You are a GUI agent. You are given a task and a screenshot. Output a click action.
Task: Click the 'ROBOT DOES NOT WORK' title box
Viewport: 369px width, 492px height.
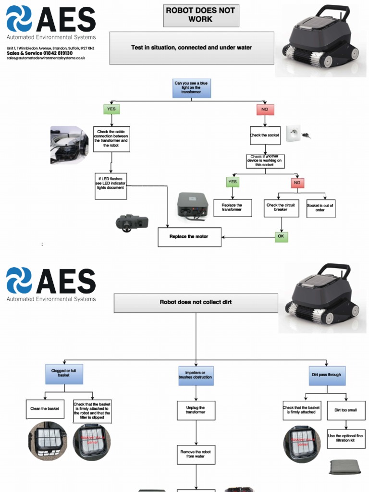(200, 15)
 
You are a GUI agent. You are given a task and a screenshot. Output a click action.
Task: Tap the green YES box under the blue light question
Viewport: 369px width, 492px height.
(111, 109)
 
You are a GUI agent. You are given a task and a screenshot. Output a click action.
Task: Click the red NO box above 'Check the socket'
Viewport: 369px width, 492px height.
(265, 109)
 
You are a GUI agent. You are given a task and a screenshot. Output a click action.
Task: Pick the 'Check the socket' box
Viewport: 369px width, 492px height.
(265, 135)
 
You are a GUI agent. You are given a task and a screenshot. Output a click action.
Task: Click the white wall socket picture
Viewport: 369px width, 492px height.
(294, 133)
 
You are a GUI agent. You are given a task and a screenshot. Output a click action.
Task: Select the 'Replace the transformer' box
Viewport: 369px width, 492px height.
(233, 208)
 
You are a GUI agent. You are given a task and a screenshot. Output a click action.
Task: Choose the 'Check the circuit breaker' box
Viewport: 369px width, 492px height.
(281, 208)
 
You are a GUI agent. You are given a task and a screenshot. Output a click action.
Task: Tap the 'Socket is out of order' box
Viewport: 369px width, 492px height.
(320, 208)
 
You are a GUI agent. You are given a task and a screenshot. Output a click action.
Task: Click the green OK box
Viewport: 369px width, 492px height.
(282, 236)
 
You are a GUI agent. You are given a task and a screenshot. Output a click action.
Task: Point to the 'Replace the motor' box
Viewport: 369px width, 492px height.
(189, 237)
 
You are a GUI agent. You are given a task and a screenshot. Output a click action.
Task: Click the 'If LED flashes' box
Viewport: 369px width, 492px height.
(111, 185)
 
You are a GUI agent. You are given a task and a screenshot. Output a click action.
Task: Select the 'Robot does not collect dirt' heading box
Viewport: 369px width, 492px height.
(196, 303)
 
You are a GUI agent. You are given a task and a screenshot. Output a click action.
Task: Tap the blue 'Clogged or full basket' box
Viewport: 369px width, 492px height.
(64, 373)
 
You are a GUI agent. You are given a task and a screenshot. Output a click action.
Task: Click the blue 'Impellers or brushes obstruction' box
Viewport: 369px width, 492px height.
(196, 375)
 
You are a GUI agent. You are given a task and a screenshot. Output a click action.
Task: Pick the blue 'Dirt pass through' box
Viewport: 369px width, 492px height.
(327, 375)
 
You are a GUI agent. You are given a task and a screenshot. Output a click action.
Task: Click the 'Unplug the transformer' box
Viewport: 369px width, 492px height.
(196, 410)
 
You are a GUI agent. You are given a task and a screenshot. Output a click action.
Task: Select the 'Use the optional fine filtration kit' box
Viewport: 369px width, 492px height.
(346, 439)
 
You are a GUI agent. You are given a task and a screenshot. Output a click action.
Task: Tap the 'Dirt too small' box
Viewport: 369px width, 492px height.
(346, 410)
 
